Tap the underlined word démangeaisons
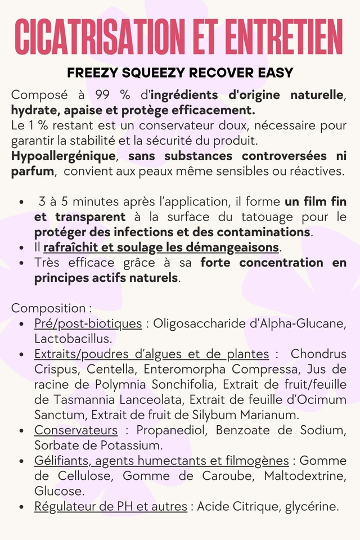pyautogui.click(x=233, y=247)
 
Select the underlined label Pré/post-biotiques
pyautogui.click(x=88, y=323)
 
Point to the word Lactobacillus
pyautogui.click(x=73, y=339)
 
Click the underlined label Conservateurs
pyautogui.click(x=76, y=430)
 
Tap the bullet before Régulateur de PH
pyautogui.click(x=21, y=507)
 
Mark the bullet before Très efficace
pyautogui.click(x=21, y=263)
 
